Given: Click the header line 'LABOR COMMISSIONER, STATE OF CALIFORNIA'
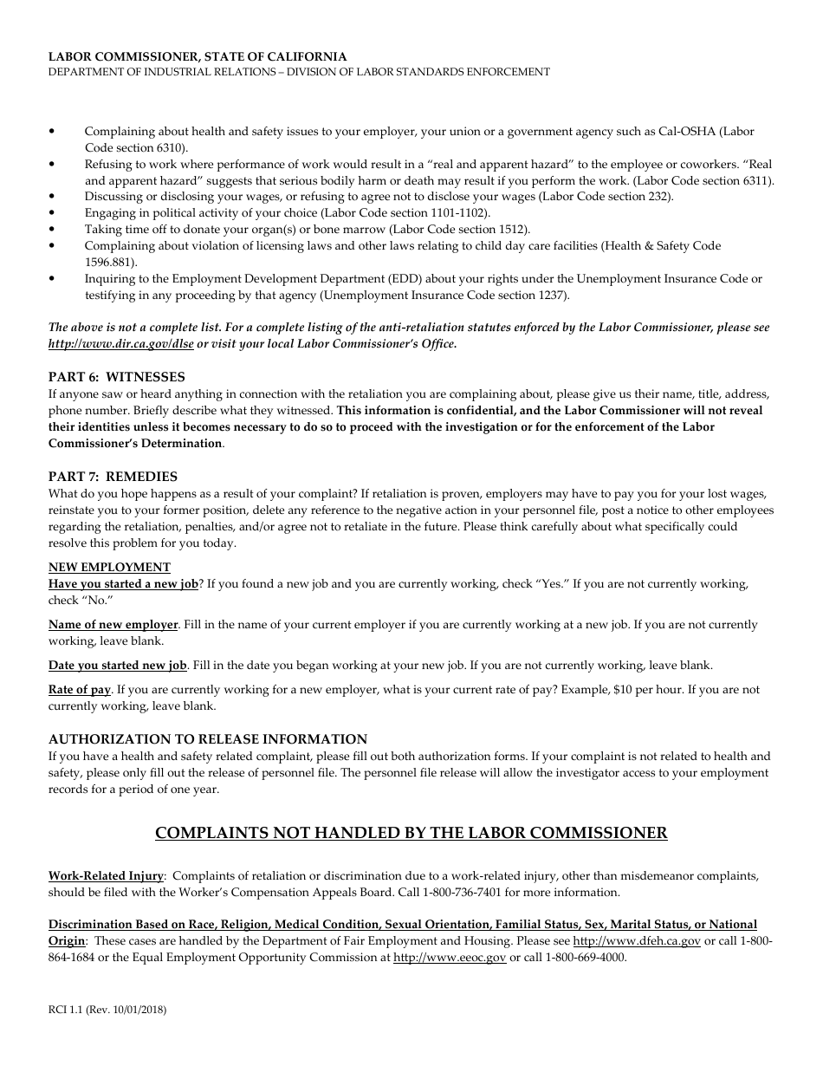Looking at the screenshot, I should pos(198,56).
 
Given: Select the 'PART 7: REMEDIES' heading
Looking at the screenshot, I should pos(113,476).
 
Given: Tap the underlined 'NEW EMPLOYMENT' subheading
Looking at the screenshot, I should pos(109,567).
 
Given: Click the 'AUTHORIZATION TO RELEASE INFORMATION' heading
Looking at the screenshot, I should pos(208,739).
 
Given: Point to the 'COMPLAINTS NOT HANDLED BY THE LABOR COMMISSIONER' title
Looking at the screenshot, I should pos(411,833).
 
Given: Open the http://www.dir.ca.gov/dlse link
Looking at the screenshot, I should pos(121,343).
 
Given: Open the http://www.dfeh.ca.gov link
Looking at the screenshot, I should pos(637,941).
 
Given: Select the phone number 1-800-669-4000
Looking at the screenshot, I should pos(582,958).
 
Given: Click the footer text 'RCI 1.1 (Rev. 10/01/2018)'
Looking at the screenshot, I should pos(107,1010).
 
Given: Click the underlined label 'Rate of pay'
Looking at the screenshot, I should pos(80,690).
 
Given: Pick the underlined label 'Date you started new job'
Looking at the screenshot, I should pos(118,666).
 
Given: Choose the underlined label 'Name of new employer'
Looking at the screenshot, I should pos(113,625).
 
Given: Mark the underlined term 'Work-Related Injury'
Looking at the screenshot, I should pos(106,876).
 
